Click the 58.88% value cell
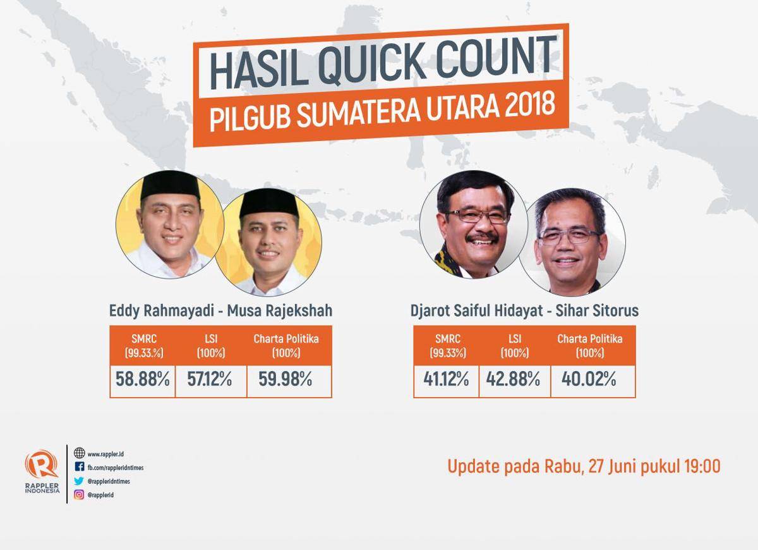pyautogui.click(x=143, y=381)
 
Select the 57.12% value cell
pyautogui.click(x=211, y=381)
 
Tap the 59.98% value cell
pyautogui.click(x=289, y=381)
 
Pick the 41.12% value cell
pyautogui.click(x=446, y=381)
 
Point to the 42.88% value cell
pyautogui.click(x=514, y=381)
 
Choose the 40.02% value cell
pyautogui.click(x=593, y=381)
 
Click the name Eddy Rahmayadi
pyautogui.click(x=162, y=310)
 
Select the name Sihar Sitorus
pyautogui.click(x=597, y=310)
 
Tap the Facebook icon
pyautogui.click(x=79, y=467)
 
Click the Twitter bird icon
pyautogui.click(x=79, y=481)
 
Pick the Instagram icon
pyautogui.click(x=79, y=495)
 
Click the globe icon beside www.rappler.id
pyautogui.click(x=79, y=453)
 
